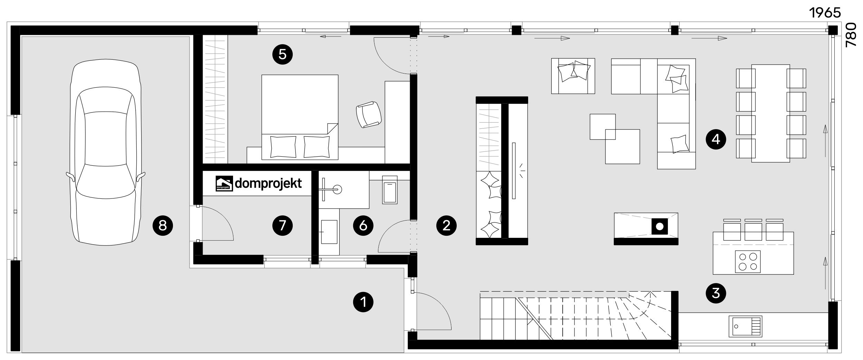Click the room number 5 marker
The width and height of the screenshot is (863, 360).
click(282, 55)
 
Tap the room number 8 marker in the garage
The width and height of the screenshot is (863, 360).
click(163, 225)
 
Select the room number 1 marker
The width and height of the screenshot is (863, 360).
click(363, 302)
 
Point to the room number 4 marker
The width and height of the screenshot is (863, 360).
click(716, 139)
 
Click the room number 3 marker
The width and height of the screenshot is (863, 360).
click(716, 293)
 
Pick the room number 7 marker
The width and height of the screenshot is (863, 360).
click(282, 225)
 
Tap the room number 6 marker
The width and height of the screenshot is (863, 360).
click(363, 225)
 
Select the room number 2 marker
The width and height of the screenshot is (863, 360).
click(446, 225)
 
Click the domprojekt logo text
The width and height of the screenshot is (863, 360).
click(268, 184)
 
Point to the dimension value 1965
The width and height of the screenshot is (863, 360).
click(825, 13)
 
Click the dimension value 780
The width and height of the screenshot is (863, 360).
click(851, 35)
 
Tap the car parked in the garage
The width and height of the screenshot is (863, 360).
click(106, 152)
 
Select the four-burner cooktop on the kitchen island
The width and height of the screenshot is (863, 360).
click(748, 262)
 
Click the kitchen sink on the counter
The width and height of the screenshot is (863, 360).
click(745, 326)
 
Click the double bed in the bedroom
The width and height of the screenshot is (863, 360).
click(300, 117)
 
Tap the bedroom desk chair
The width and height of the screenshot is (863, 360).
click(369, 115)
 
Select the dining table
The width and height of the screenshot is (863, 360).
click(771, 113)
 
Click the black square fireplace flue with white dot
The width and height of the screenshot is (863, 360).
click(659, 226)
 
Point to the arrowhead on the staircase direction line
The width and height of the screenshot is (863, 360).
click(650, 294)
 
